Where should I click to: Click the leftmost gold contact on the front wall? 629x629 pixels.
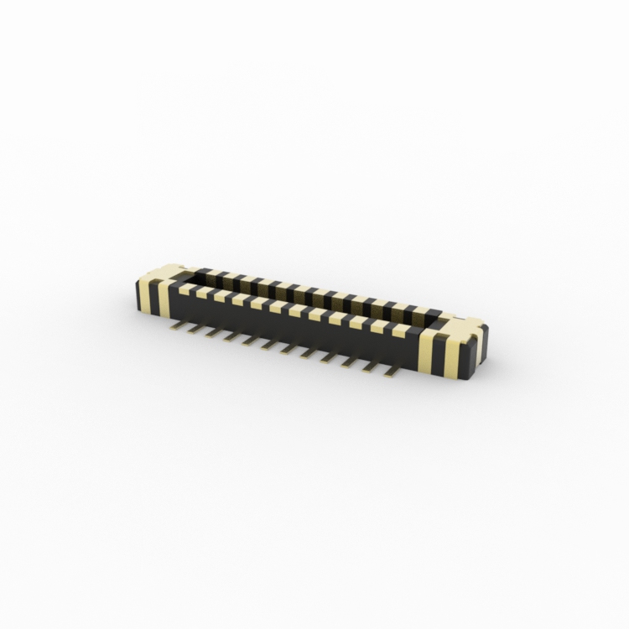coord(186,289)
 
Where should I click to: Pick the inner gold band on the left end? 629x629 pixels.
coord(164,299)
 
